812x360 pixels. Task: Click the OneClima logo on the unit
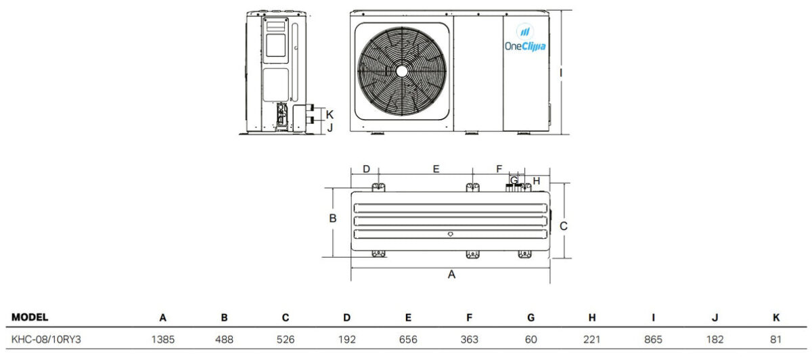click(x=525, y=38)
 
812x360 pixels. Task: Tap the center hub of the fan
click(x=402, y=72)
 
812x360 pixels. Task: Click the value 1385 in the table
click(x=163, y=339)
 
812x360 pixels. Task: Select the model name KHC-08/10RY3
click(x=46, y=339)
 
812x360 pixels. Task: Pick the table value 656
click(x=408, y=339)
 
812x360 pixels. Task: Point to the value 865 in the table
click(x=653, y=339)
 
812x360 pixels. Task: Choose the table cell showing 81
click(x=775, y=339)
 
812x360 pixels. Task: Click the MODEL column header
click(x=30, y=317)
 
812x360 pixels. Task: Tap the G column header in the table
click(x=531, y=317)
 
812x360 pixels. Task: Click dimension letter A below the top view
click(x=451, y=275)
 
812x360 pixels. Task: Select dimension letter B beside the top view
click(x=333, y=219)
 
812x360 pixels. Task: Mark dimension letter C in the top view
click(x=563, y=226)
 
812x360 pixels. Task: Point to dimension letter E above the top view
click(x=436, y=169)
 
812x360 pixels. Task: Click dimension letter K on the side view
click(x=330, y=114)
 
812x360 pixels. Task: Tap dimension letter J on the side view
click(x=330, y=128)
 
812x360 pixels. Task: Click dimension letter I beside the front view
click(x=561, y=73)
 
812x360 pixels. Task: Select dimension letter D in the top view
click(x=367, y=169)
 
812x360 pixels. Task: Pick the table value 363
click(x=470, y=339)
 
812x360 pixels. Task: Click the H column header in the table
click(x=592, y=317)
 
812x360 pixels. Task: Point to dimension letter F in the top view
click(x=499, y=169)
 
